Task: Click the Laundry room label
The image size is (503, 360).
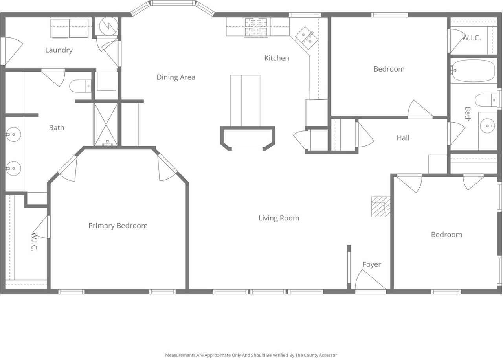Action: (x=59, y=50)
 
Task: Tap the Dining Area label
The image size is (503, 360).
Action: (x=176, y=77)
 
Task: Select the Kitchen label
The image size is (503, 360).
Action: (x=277, y=58)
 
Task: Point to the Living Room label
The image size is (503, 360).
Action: (x=279, y=218)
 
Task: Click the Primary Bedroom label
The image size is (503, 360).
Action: (x=118, y=226)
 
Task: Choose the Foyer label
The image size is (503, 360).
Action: (x=372, y=264)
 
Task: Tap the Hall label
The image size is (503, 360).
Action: (x=403, y=138)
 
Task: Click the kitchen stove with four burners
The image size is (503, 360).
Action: (x=256, y=28)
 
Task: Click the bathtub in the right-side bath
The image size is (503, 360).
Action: (x=474, y=71)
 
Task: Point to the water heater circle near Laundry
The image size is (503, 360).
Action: (x=109, y=26)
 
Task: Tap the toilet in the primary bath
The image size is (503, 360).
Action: (x=81, y=86)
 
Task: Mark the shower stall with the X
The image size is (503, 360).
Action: (x=106, y=125)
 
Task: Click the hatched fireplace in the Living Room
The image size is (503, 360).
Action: (x=381, y=207)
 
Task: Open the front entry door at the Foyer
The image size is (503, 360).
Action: (x=371, y=280)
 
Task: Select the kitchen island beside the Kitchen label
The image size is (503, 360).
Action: (x=245, y=101)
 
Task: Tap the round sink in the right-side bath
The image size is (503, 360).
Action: (x=488, y=126)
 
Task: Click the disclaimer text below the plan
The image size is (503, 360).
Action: (x=251, y=355)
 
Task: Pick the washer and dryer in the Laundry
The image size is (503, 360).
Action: (x=70, y=28)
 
